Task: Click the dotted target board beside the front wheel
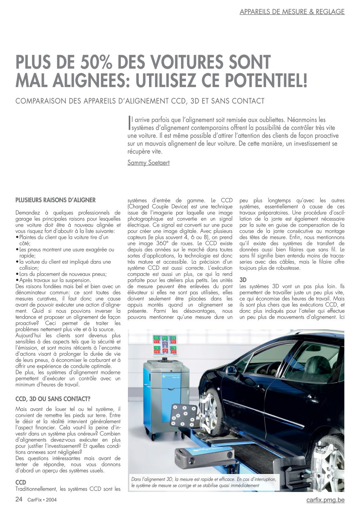[184, 415]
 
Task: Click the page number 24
[19, 499]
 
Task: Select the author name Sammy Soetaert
[148, 163]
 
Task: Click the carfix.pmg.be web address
[325, 500]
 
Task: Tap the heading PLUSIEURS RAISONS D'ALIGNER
[55, 200]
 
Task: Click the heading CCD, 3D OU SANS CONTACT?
[53, 399]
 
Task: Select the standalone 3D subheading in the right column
[243, 280]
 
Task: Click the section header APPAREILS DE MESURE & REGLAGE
[292, 12]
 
